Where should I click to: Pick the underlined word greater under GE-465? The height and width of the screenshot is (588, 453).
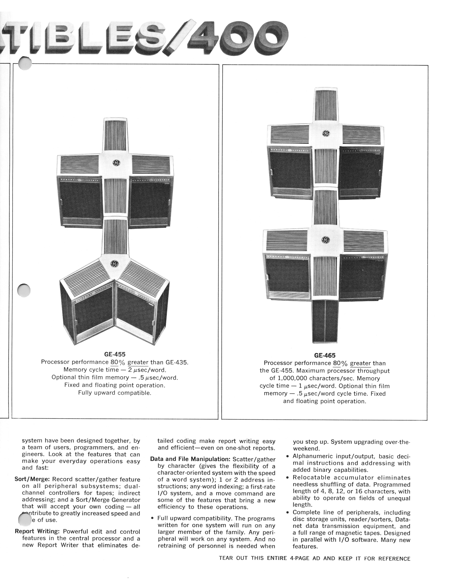(360, 363)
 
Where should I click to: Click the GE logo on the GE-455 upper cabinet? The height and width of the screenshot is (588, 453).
(116, 163)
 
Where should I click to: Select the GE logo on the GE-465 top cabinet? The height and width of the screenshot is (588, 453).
(326, 133)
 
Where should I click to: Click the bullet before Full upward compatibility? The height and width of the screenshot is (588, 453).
(152, 519)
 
